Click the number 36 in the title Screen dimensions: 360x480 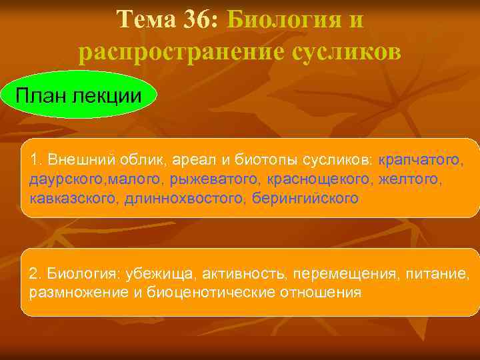tap(196, 19)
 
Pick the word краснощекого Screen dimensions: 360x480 tap(320, 179)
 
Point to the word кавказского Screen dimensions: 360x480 tap(74, 199)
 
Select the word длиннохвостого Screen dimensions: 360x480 tap(185, 199)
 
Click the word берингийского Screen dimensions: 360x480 tap(306, 199)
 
